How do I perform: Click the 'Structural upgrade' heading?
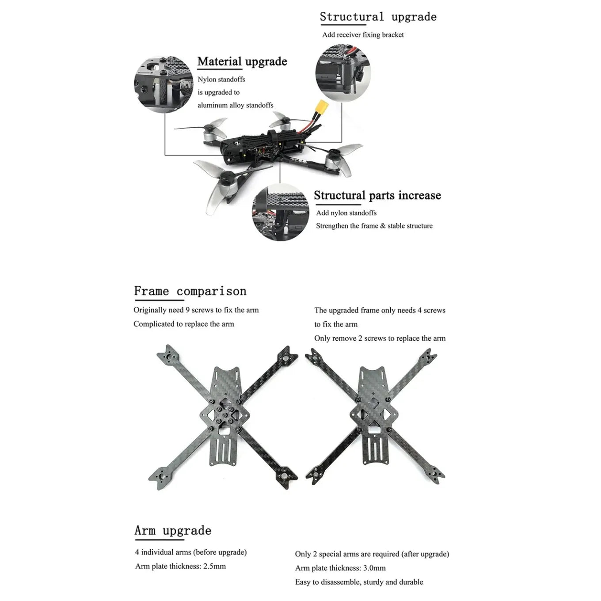378,17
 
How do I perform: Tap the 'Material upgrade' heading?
242,61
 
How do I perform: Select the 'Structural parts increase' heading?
377,195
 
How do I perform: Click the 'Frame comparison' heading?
190,291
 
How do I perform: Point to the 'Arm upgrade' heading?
173,530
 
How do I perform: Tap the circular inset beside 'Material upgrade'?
164,84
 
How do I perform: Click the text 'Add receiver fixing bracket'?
363,35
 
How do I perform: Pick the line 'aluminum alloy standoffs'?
235,105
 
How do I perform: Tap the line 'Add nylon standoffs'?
346,213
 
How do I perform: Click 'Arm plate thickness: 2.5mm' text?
180,566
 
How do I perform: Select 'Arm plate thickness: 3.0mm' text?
340,568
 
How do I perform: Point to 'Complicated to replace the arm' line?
183,324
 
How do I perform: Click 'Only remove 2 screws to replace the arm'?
380,339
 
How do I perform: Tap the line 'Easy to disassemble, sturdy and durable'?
359,582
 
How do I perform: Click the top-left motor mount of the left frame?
168,355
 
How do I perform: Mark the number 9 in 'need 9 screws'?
187,310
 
